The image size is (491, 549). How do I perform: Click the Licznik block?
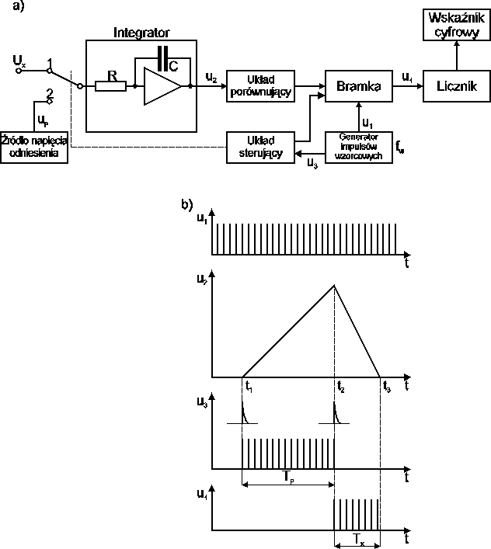click(452, 85)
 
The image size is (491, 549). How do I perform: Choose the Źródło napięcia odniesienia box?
click(35, 147)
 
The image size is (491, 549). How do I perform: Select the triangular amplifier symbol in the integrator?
click(162, 85)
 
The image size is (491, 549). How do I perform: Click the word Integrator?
click(141, 32)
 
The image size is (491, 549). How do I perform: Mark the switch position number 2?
click(49, 93)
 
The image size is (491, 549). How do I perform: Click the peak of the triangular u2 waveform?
click(335, 285)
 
